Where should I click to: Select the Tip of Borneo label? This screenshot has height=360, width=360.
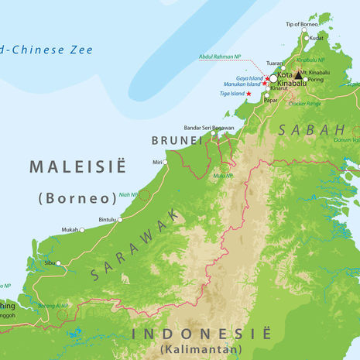[301, 25]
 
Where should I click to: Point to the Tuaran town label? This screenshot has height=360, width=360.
[274, 63]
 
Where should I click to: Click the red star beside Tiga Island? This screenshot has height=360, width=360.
[249, 94]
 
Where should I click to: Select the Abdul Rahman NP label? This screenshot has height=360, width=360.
[220, 56]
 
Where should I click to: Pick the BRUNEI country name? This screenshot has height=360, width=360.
[177, 140]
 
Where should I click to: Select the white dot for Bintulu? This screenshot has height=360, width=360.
[120, 220]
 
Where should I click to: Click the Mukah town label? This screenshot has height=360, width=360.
[70, 230]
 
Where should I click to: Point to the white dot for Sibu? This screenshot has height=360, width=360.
[58, 263]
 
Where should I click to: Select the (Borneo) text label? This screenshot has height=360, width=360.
[77, 197]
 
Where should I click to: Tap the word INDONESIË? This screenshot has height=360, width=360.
[201, 334]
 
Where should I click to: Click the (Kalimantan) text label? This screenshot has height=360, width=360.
[201, 351]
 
